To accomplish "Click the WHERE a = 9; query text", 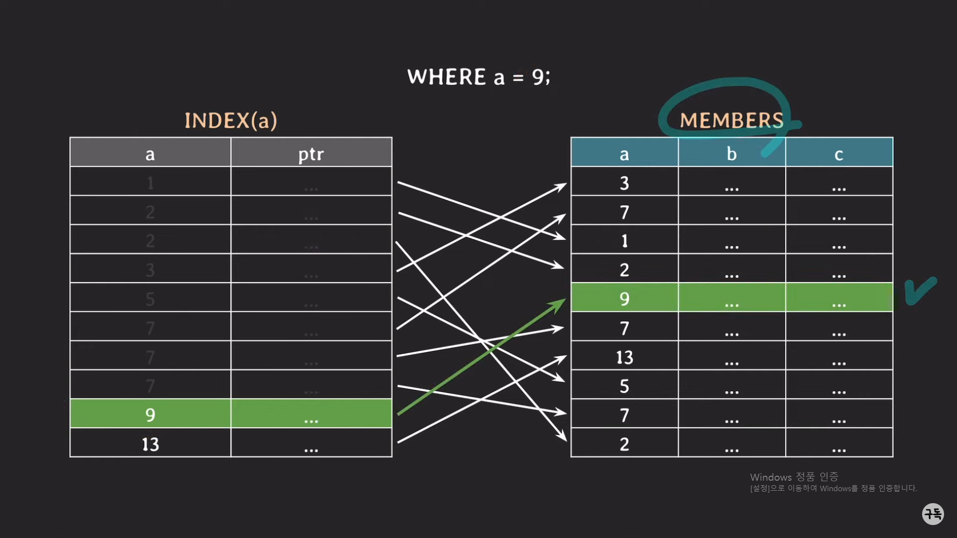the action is coord(478,77).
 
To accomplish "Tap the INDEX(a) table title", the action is coord(231,121).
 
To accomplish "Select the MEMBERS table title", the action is coord(732,121).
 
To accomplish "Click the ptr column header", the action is coord(311,153).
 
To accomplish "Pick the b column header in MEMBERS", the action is coord(731,153).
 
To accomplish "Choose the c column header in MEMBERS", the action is coord(839,153).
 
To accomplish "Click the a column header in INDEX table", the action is coord(150,153).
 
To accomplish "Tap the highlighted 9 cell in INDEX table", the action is coord(150,414).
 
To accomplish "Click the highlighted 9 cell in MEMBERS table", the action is coord(625,298).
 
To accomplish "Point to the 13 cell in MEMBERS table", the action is coord(625,357).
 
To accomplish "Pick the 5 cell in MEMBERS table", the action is coord(625,386).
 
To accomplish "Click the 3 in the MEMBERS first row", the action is coord(625,183).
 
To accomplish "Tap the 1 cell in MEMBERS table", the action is coord(625,241).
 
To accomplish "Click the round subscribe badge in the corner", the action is coord(933,514).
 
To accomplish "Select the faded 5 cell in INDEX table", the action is coord(150,299).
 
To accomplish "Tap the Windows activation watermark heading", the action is coord(794,477).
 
